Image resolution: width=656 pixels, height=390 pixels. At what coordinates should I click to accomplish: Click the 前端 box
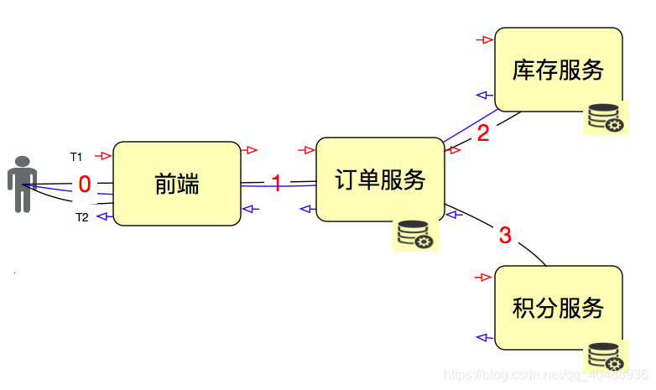click(x=177, y=184)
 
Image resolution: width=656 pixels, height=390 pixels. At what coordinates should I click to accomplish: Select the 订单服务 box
click(x=380, y=179)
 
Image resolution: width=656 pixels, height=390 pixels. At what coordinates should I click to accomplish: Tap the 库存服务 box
click(x=558, y=70)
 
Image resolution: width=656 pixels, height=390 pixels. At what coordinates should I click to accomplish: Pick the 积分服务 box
click(x=558, y=308)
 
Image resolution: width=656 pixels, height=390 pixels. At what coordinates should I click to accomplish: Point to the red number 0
click(x=84, y=184)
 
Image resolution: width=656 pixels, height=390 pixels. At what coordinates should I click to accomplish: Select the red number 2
click(x=482, y=133)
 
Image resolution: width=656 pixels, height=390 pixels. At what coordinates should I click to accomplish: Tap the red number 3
click(x=505, y=236)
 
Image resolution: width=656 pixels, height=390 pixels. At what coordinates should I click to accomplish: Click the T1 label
click(x=76, y=157)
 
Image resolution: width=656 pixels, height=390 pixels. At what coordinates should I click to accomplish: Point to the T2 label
click(x=82, y=217)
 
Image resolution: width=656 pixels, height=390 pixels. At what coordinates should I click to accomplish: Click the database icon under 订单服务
click(x=415, y=234)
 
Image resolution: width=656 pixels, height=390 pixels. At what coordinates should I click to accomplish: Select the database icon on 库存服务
click(x=605, y=117)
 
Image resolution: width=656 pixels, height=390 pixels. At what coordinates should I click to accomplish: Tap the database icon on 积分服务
click(x=605, y=356)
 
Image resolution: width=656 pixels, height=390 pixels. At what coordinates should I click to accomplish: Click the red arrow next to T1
click(x=103, y=156)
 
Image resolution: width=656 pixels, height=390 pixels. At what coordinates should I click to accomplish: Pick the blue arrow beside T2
click(x=103, y=216)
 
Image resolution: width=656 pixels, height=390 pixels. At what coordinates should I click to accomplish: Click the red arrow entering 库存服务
click(x=483, y=39)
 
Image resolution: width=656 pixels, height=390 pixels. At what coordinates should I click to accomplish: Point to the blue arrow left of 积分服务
click(x=482, y=337)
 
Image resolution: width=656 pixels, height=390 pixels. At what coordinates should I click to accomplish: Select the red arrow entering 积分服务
click(x=482, y=277)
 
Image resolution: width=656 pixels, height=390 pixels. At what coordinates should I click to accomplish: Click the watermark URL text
click(x=545, y=374)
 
